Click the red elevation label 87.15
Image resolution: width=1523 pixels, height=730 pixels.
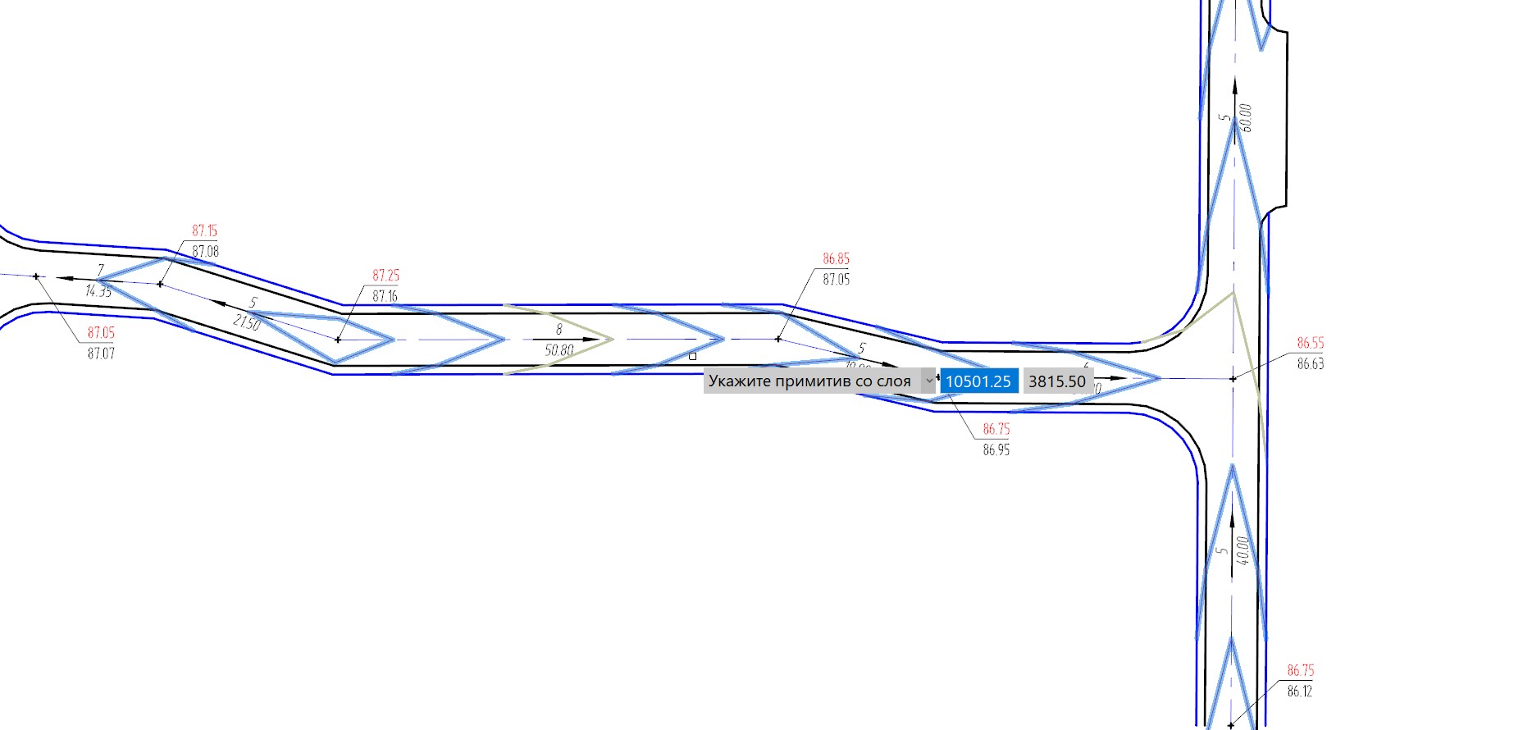[204, 231]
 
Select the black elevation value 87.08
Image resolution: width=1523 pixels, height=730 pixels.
[205, 252]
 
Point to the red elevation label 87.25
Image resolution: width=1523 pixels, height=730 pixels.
[385, 276]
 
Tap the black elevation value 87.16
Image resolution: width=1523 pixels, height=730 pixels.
[385, 296]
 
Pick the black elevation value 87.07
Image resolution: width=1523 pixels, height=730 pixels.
[101, 354]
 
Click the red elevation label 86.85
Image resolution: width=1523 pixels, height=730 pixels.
[836, 259]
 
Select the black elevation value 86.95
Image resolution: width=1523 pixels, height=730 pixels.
[996, 450]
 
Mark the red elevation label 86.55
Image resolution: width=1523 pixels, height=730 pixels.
[1310, 344]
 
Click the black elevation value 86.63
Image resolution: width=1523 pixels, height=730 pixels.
[1310, 364]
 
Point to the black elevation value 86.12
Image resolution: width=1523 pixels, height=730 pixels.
[1299, 691]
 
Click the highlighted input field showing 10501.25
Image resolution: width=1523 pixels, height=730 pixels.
[978, 381]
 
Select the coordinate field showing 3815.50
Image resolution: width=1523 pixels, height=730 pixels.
[1056, 381]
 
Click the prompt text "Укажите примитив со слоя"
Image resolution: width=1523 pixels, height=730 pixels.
[809, 381]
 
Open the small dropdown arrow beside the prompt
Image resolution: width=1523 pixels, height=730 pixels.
[928, 381]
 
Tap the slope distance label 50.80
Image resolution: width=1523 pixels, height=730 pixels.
[559, 351]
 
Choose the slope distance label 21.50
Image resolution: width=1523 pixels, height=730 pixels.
[246, 322]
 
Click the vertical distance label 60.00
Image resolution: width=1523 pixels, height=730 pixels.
[1246, 117]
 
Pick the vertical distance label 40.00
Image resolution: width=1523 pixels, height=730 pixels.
[1242, 550]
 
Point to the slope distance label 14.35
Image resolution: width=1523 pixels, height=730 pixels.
[98, 291]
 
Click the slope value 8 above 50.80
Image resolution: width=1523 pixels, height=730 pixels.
[559, 330]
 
